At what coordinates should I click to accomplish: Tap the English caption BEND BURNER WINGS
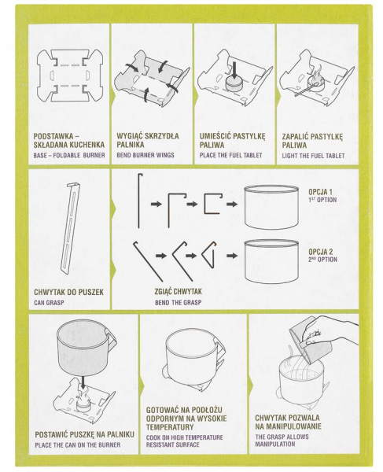click(145, 155)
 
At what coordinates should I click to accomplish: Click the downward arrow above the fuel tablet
click(235, 68)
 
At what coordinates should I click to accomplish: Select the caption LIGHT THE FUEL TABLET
click(313, 156)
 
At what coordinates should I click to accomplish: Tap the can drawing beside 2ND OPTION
click(271, 261)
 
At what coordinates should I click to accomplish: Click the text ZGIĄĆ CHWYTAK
click(178, 292)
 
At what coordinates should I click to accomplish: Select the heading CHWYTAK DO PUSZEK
click(68, 292)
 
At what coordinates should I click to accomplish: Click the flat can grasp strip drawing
click(71, 227)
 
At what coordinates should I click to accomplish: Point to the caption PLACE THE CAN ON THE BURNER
click(78, 444)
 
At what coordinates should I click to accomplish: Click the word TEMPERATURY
click(170, 427)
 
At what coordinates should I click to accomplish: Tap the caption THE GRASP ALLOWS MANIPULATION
click(282, 440)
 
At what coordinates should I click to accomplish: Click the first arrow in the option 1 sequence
click(157, 204)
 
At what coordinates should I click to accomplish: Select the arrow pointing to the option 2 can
click(232, 256)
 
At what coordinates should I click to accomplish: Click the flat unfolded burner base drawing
click(69, 76)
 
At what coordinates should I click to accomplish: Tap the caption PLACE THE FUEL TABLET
click(230, 155)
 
